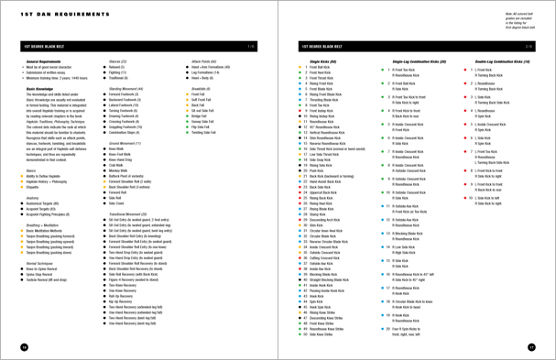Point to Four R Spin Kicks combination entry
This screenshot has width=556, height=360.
coord(411,328)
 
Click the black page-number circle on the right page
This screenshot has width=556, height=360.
coord(531,347)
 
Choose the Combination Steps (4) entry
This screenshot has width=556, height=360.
coord(127,132)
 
